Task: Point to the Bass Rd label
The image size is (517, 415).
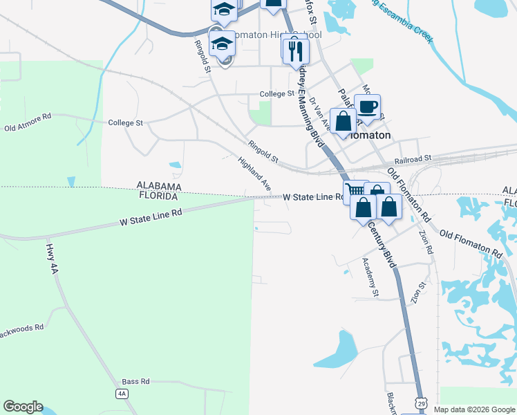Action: pyautogui.click(x=135, y=381)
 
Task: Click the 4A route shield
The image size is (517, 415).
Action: pyautogui.click(x=122, y=394)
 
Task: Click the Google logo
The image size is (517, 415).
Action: pyautogui.click(x=23, y=407)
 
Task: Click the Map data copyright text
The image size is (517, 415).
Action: pyautogui.click(x=474, y=409)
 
